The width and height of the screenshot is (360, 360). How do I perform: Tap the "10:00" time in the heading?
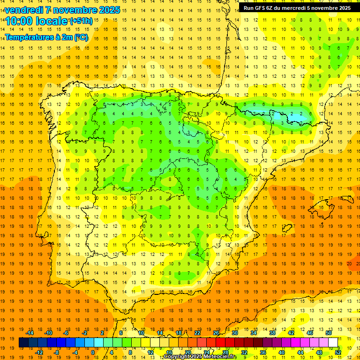pyautogui.click(x=19, y=21)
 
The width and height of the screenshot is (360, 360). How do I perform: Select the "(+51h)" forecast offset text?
pyautogui.click(x=81, y=21)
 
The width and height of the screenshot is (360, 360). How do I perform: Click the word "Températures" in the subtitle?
pyautogui.click(x=30, y=37)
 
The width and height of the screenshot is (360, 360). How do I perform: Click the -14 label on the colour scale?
pyautogui.click(x=30, y=333)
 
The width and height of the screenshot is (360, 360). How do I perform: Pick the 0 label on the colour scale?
pyautogui.click(x=93, y=352)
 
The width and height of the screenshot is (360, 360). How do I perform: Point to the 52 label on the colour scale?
pyautogui.click(x=338, y=352)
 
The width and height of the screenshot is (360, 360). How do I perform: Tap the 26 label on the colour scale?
pyautogui.click(x=216, y=333)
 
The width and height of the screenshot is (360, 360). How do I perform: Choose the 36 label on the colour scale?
pyautogui.click(x=263, y=352)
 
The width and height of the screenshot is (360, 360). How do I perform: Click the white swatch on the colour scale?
pyautogui.click(x=333, y=343)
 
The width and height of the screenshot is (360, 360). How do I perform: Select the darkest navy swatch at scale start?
pyautogui.click(x=23, y=343)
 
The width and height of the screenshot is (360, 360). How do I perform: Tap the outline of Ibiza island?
pyautogui.click(x=286, y=229)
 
